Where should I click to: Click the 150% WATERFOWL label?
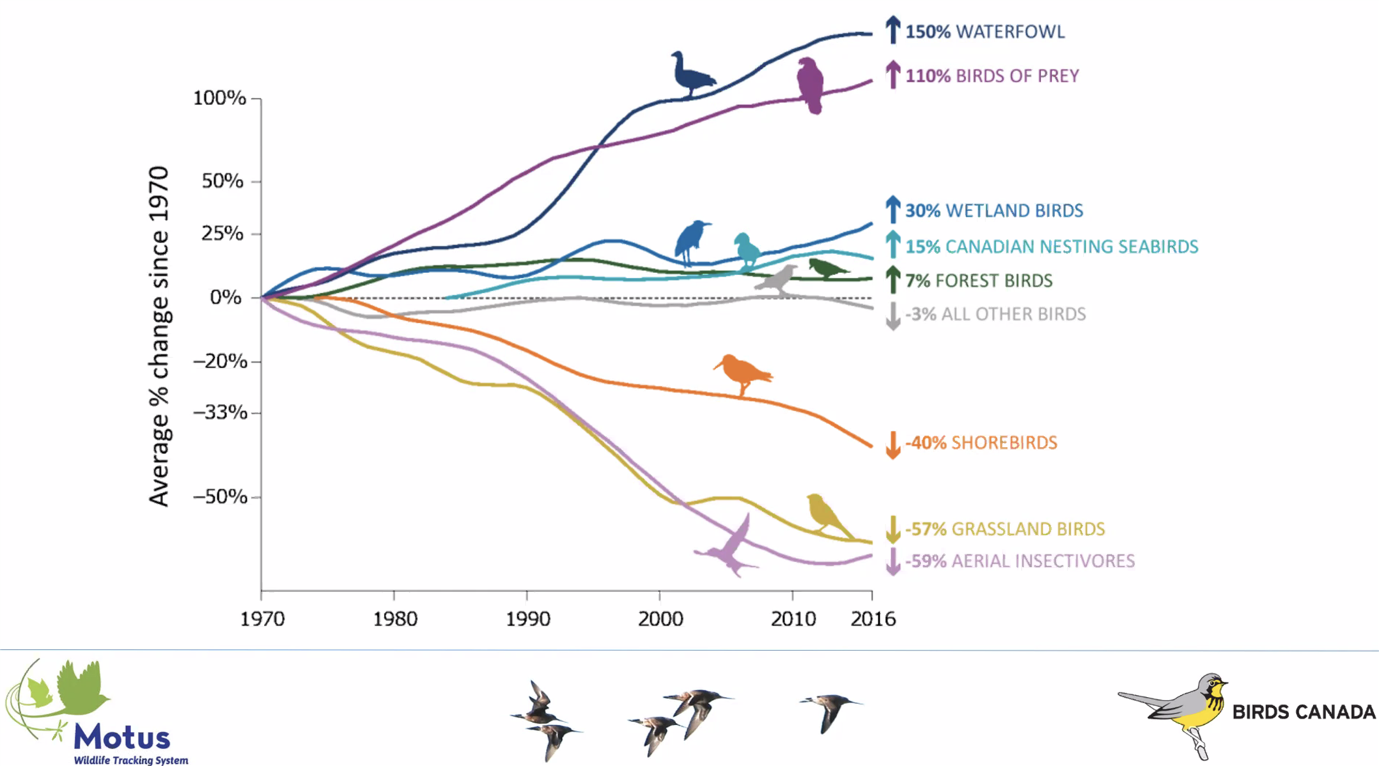[985, 32]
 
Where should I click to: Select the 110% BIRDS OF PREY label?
[992, 76]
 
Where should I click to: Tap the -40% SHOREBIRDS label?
[981, 443]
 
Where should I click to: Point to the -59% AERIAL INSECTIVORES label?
[1020, 561]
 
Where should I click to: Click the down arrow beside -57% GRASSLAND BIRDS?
[892, 529]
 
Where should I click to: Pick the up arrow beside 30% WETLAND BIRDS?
[892, 210]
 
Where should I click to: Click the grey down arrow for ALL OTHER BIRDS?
[892, 315]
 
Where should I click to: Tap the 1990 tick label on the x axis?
[527, 619]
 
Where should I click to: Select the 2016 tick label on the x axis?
[873, 619]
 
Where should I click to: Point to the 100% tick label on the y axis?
[219, 98]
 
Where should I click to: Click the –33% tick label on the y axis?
[219, 413]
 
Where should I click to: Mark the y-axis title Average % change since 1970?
[159, 336]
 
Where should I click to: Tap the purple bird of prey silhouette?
[810, 85]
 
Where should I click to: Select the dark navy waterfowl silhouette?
[692, 73]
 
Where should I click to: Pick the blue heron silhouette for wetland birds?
[691, 242]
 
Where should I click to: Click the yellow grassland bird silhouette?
[826, 514]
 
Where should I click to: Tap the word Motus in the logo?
[122, 737]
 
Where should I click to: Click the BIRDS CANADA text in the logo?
[1304, 712]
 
